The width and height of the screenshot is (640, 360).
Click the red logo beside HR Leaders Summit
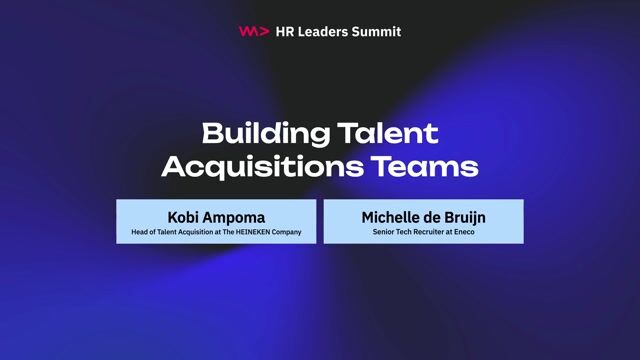[x=254, y=31]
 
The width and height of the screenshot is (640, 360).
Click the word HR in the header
[x=285, y=31]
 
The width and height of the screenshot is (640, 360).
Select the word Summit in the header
[x=381, y=31]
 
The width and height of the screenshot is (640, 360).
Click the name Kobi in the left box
[x=185, y=216]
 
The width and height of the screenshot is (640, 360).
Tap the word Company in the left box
[x=286, y=232]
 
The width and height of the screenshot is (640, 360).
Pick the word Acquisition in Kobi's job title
[x=198, y=232]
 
